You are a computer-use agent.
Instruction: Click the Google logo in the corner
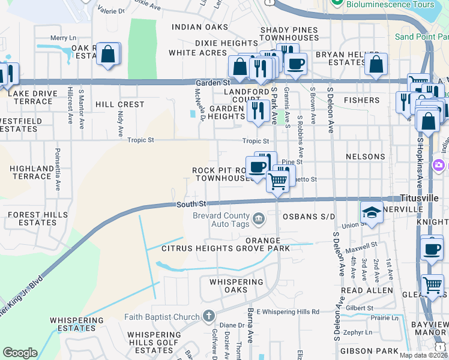point(20,353)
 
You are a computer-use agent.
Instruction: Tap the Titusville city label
point(424,198)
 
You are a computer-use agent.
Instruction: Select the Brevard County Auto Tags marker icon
point(259,218)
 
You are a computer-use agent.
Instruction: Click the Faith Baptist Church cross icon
point(208,316)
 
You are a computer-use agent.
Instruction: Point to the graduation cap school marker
point(372,212)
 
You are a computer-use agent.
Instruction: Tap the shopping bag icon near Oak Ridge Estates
point(108,54)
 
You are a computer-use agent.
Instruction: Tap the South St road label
point(191,205)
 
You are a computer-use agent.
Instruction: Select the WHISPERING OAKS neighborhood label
point(236,286)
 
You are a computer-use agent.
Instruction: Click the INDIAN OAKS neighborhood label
point(200,27)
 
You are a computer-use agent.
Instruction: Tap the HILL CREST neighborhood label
point(120,104)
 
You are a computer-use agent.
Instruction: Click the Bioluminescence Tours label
point(390,5)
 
